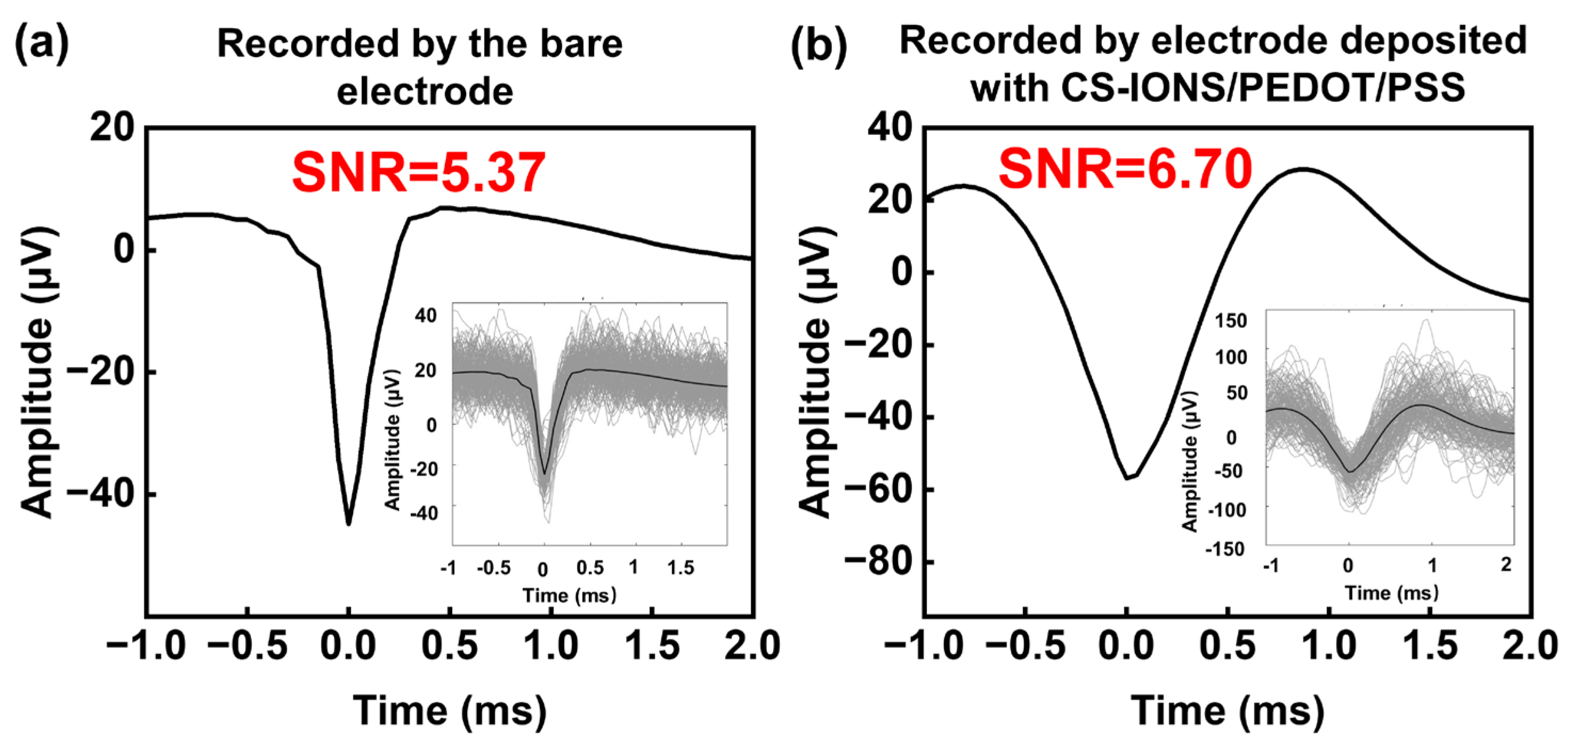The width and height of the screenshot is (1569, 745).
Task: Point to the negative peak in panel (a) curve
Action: coord(348,523)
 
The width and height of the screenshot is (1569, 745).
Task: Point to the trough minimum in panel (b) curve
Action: coord(1127,478)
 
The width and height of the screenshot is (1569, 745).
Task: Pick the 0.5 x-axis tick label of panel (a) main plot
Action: coord(450,646)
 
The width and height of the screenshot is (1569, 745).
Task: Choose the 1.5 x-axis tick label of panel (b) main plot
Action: coord(1430,646)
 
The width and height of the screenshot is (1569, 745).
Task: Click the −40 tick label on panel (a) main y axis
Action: coord(100,494)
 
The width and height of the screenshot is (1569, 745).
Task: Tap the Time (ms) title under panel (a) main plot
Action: coord(450,710)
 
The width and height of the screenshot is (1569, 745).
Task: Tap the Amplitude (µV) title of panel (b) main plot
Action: coord(815,372)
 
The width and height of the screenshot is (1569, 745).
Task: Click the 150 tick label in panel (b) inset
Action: coord(1231,321)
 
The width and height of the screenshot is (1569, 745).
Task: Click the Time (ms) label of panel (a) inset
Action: coord(570,595)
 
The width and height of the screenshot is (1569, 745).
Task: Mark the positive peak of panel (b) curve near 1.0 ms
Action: coord(1303,170)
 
